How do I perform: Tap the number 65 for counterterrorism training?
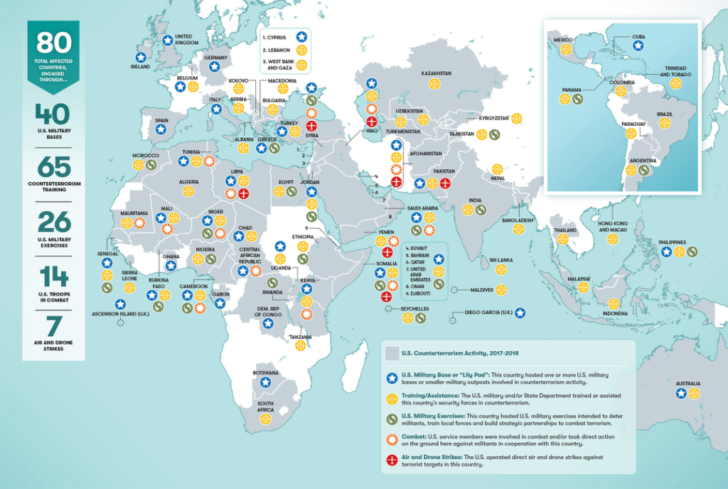[x=53, y=168]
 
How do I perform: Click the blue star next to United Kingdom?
[x=168, y=41]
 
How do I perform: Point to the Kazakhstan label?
[x=437, y=73]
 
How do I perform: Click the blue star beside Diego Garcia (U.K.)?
[x=520, y=312]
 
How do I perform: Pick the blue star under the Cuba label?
[x=638, y=45]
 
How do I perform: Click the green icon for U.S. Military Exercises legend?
[x=390, y=417]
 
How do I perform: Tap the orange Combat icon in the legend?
[x=390, y=439]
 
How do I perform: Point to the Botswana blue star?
[x=265, y=382]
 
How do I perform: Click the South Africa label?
[x=265, y=407]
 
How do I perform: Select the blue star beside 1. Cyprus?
[x=301, y=36]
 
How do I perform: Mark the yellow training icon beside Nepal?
[x=497, y=169]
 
